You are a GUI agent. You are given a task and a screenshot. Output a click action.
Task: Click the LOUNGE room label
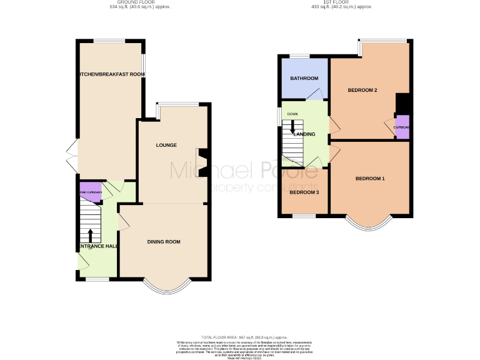point(166,146)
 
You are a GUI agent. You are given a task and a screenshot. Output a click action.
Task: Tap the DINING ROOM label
point(164,242)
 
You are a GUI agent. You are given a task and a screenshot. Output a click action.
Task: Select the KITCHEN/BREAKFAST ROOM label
point(110,74)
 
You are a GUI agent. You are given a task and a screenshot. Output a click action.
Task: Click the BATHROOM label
point(304,79)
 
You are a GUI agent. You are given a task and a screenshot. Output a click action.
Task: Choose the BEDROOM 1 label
point(370,179)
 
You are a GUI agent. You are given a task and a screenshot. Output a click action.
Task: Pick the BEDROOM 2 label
point(362,91)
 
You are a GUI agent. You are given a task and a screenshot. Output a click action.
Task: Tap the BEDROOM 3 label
point(304,192)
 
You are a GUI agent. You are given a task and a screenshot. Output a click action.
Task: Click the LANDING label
point(304,134)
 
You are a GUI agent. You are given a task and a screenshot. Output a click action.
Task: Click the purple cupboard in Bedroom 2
point(402,127)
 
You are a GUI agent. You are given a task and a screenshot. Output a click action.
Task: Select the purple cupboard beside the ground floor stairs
point(89,192)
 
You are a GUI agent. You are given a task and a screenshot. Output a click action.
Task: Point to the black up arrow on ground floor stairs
point(91,235)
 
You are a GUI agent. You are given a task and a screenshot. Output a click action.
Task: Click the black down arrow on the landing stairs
point(292,124)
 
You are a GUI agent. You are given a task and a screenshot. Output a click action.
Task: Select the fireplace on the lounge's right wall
point(202,161)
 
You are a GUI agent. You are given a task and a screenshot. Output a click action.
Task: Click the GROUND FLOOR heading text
point(140,3)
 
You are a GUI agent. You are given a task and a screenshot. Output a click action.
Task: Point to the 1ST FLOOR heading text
point(342,3)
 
